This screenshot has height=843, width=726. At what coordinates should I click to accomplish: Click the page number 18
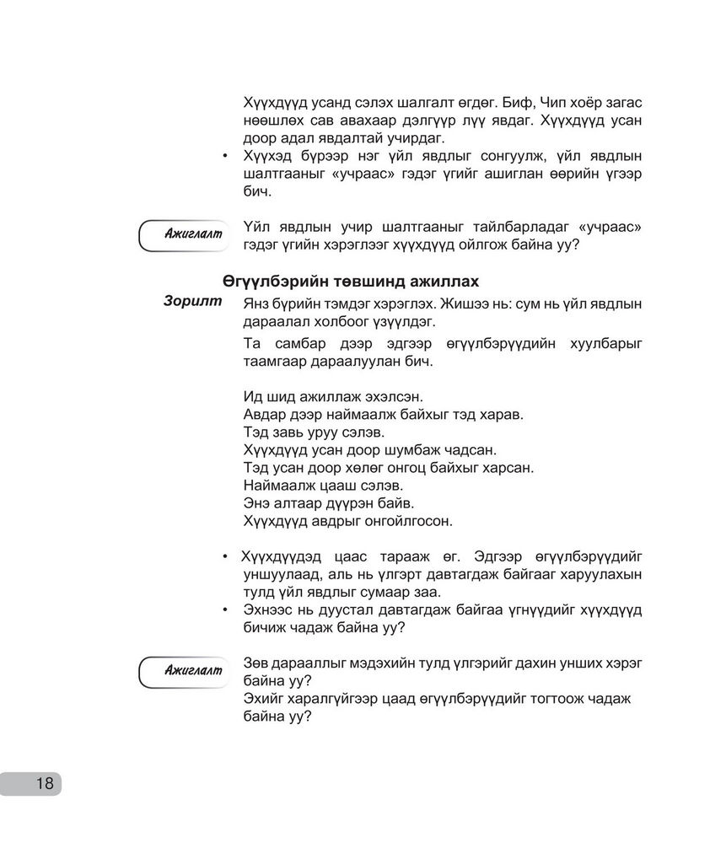coord(44,783)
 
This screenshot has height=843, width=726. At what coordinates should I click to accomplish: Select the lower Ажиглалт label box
coord(186,670)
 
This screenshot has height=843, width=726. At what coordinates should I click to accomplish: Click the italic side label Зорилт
coord(194,301)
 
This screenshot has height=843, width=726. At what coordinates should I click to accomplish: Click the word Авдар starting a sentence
coord(264,414)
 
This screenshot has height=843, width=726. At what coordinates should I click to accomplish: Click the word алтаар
coord(300,502)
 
